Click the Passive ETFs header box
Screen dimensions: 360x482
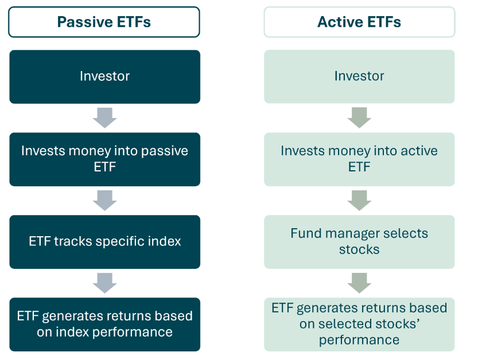(104, 22)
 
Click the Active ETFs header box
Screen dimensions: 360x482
(359, 22)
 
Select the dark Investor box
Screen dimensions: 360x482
(104, 76)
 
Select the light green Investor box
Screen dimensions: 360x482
(359, 76)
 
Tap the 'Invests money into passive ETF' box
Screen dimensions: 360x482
(104, 159)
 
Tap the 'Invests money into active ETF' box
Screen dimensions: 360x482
(359, 159)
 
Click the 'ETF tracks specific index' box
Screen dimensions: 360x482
(104, 241)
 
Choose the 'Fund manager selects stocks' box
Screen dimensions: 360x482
(359, 241)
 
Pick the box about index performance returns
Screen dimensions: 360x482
(104, 324)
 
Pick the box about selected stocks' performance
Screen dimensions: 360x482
(359, 324)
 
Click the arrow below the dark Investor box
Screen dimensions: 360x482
(104, 118)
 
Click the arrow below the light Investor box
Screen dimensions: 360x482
(359, 118)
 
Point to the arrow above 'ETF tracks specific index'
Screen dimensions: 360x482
(104, 201)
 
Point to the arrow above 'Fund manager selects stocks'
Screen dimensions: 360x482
(359, 201)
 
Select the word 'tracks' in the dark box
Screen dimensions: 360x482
(74, 241)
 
